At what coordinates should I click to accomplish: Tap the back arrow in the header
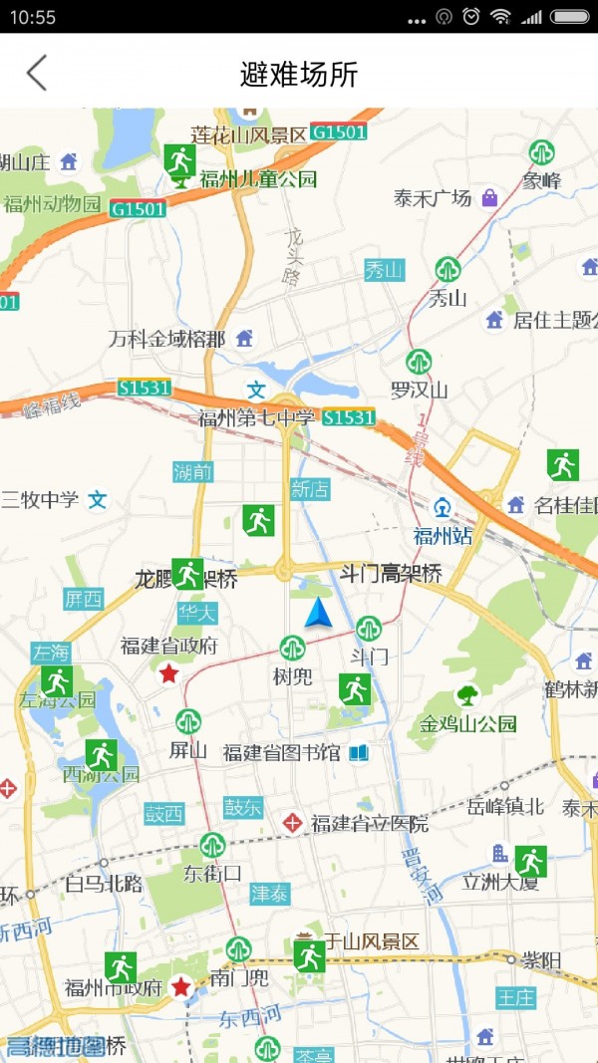37,73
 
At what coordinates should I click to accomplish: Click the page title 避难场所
299,74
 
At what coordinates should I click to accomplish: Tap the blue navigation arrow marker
318,614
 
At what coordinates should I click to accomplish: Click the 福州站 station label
443,536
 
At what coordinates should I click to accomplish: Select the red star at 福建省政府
169,673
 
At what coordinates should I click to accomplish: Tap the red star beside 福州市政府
180,986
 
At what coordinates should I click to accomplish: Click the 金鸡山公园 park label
468,723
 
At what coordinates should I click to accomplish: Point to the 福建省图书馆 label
282,752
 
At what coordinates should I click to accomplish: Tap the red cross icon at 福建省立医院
292,823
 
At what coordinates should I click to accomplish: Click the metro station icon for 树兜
292,649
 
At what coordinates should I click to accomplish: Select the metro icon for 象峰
542,152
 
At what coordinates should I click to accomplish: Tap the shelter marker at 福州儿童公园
180,160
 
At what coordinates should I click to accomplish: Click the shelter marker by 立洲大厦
530,861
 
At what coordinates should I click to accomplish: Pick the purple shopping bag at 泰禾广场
488,198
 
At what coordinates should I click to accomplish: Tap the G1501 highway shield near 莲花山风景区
339,132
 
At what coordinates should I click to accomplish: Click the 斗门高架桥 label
391,574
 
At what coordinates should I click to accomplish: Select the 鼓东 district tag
242,807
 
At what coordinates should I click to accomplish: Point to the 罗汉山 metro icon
419,362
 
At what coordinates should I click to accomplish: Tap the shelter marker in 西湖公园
101,755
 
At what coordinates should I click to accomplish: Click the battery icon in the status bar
570,17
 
